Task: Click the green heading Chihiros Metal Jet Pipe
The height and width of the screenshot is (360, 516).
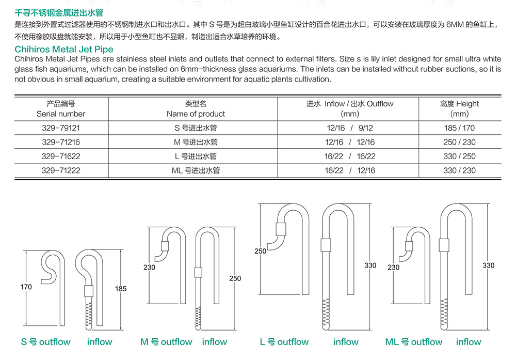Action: click(64, 49)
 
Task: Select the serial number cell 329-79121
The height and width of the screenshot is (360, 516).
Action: click(61, 128)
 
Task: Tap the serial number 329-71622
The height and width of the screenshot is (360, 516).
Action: click(61, 156)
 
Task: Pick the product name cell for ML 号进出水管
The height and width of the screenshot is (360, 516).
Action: click(196, 170)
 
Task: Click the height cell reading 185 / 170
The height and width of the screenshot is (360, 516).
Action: click(459, 128)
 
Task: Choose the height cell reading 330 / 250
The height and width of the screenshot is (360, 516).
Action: click(459, 156)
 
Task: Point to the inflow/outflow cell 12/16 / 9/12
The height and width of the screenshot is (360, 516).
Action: click(350, 128)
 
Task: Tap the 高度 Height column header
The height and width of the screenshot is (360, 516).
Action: click(459, 108)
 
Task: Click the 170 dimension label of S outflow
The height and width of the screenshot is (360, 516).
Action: click(26, 287)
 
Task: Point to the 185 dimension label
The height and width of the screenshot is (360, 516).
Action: click(121, 289)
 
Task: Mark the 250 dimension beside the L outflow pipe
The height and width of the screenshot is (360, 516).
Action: click(260, 251)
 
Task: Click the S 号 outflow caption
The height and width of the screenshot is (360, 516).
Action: click(46, 342)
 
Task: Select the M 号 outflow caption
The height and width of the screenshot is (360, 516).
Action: click(166, 342)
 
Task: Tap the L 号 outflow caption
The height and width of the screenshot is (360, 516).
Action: click(284, 342)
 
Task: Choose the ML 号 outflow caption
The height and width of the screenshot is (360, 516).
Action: click(414, 342)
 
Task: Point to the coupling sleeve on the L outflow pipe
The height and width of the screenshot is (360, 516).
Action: click(281, 229)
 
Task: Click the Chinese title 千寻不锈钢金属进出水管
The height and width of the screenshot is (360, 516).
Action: click(59, 13)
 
